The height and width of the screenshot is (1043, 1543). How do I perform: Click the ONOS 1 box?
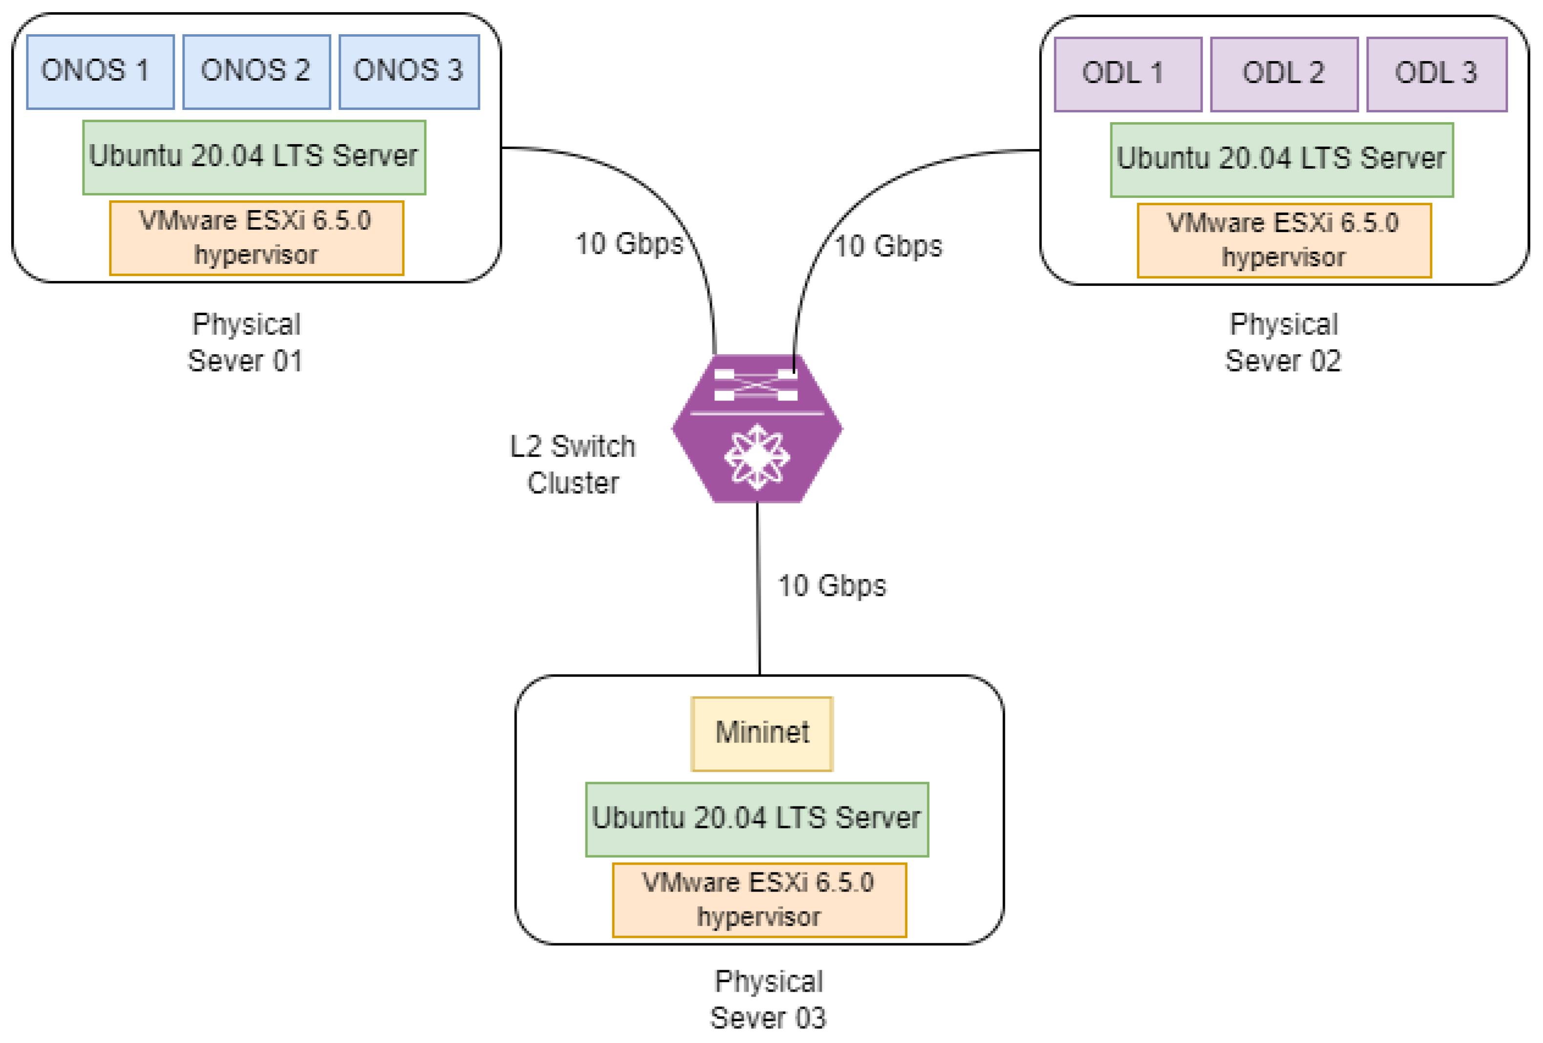tap(100, 72)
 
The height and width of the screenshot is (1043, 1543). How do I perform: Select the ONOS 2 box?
tap(256, 72)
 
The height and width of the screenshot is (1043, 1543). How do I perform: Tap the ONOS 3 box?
tap(409, 72)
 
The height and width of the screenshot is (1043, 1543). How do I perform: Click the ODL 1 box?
tap(1127, 74)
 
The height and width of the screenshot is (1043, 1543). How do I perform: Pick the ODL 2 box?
tap(1284, 74)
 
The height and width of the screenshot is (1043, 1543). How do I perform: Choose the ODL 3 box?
tap(1437, 74)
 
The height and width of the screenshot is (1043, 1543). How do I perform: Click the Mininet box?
tap(762, 733)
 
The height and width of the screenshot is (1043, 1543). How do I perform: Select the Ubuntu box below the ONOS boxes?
tap(254, 157)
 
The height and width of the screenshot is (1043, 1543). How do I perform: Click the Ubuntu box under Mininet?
tap(757, 819)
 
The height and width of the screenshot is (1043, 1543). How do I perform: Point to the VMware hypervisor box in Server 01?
tap(257, 238)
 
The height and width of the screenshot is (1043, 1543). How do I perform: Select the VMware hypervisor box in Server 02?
tap(1285, 240)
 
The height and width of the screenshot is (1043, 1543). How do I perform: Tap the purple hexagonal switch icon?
tap(757, 428)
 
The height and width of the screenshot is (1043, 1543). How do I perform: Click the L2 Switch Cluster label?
tap(573, 465)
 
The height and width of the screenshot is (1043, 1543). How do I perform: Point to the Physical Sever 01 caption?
tap(246, 342)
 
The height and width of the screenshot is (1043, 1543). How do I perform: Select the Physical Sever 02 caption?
tap(1283, 342)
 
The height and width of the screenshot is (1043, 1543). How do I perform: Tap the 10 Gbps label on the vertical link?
tap(832, 586)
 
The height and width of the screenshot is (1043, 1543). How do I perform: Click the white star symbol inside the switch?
tap(757, 457)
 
